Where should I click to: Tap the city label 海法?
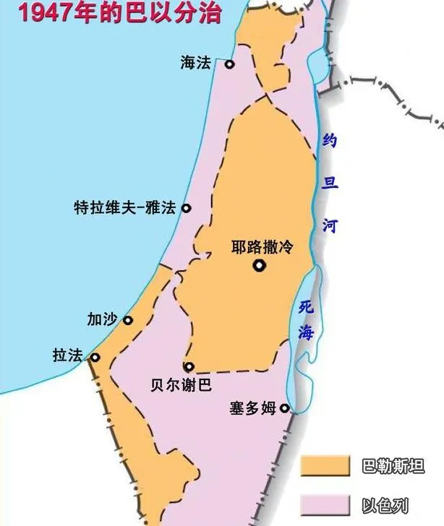point(195,64)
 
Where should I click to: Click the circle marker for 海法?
point(229,64)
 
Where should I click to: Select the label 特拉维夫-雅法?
point(124,208)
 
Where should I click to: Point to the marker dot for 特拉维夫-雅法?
point(186,208)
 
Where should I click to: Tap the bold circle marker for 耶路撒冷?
point(259,266)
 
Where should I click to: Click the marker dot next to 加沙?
point(128,320)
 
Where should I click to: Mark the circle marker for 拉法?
point(95,357)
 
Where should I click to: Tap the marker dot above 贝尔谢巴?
point(189,367)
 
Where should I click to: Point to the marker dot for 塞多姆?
point(285,408)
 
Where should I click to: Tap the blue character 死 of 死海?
point(306,307)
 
